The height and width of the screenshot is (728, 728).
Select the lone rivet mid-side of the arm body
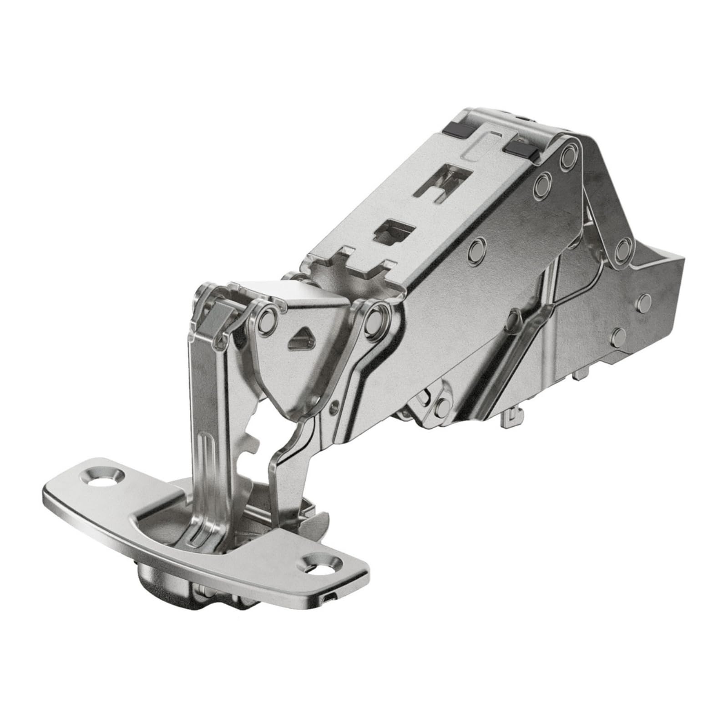(x=476, y=250)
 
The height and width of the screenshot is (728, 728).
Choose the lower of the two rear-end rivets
(x=618, y=337)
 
